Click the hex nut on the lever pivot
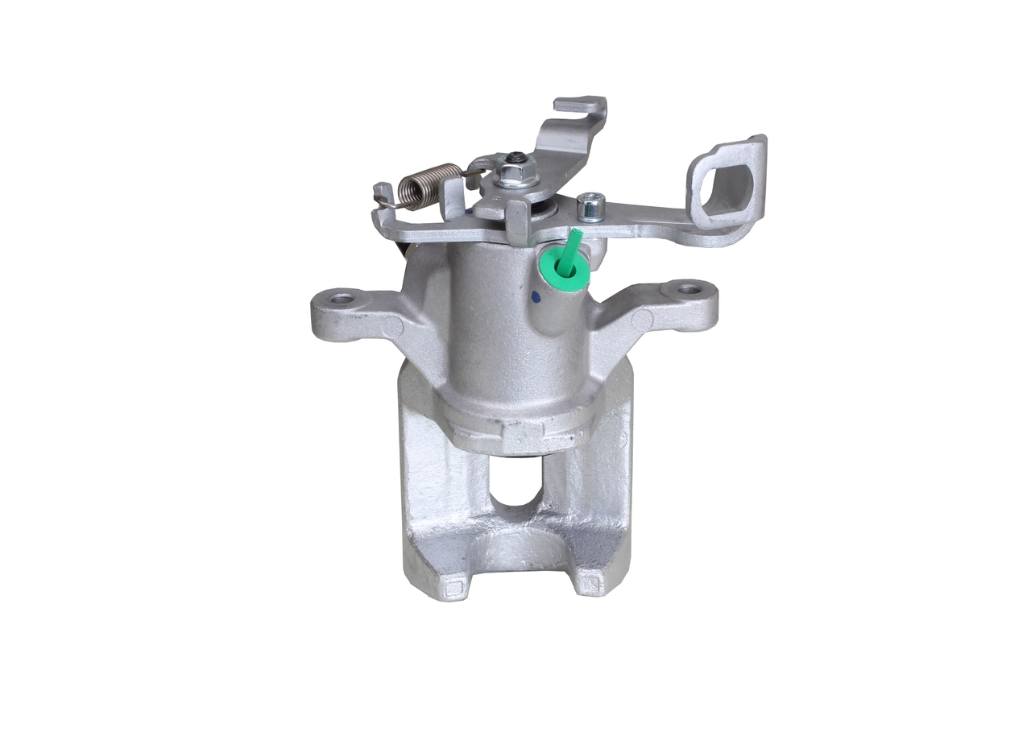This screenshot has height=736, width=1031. tap(510, 173)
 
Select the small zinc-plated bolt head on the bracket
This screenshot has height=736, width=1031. tap(590, 205)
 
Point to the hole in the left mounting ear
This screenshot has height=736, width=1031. tap(342, 299)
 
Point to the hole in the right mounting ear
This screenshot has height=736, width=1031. tap(687, 287)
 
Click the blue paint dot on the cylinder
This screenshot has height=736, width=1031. tap(536, 298)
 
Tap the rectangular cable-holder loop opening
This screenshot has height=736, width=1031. tap(724, 187)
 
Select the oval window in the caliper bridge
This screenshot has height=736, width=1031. tap(515, 481)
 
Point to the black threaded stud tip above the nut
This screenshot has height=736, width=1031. tap(516, 156)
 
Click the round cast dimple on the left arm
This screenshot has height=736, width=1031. tap(393, 327)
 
